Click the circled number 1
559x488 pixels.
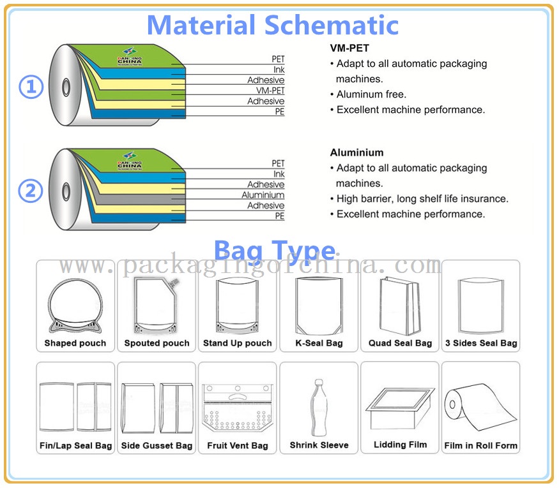31,87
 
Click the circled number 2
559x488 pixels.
31,191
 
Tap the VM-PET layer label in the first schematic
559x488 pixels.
270,91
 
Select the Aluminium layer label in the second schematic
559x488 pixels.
263,195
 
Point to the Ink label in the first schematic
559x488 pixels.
279,70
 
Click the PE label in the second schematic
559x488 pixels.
280,216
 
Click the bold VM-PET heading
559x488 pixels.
349,48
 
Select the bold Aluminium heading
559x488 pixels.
357,152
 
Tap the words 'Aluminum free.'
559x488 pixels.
371,94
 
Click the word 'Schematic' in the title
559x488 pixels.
332,25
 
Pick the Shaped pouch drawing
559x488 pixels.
75,306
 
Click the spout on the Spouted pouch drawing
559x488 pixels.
174,283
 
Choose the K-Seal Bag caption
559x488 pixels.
319,343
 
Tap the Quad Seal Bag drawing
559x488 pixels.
400,306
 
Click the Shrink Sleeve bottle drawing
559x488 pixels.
319,408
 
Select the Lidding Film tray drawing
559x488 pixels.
400,408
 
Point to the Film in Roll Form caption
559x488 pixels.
480,445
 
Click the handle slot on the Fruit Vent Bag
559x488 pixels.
238,397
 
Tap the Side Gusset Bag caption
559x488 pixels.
157,445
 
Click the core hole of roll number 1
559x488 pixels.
66,87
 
